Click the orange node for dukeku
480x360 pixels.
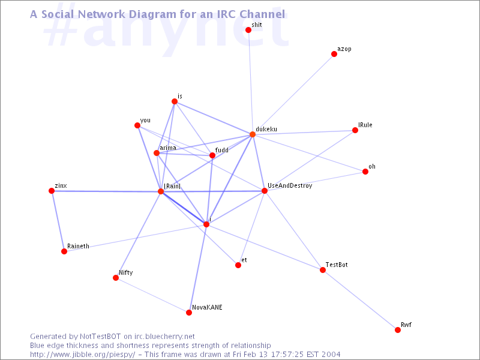coord(253,134)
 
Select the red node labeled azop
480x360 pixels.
coord(334,54)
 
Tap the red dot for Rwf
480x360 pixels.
coord(398,330)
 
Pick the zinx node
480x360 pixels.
coord(52,191)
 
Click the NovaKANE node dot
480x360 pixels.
coord(189,313)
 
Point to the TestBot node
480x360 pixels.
coord(323,270)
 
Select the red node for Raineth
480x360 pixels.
coord(64,251)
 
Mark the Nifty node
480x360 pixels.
coord(116,278)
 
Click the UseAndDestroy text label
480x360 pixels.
coord(290,185)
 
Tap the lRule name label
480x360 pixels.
coord(365,125)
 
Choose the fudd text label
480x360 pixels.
coord(222,150)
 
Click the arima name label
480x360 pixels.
coord(168,148)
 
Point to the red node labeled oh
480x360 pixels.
coord(365,172)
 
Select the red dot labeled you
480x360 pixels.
coord(137,125)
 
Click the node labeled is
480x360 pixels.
coord(175,101)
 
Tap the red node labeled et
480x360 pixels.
coord(238,265)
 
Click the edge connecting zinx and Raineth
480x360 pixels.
coord(58,221)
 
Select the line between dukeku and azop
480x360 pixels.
coord(293,94)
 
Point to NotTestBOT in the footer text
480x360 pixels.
coord(100,337)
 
